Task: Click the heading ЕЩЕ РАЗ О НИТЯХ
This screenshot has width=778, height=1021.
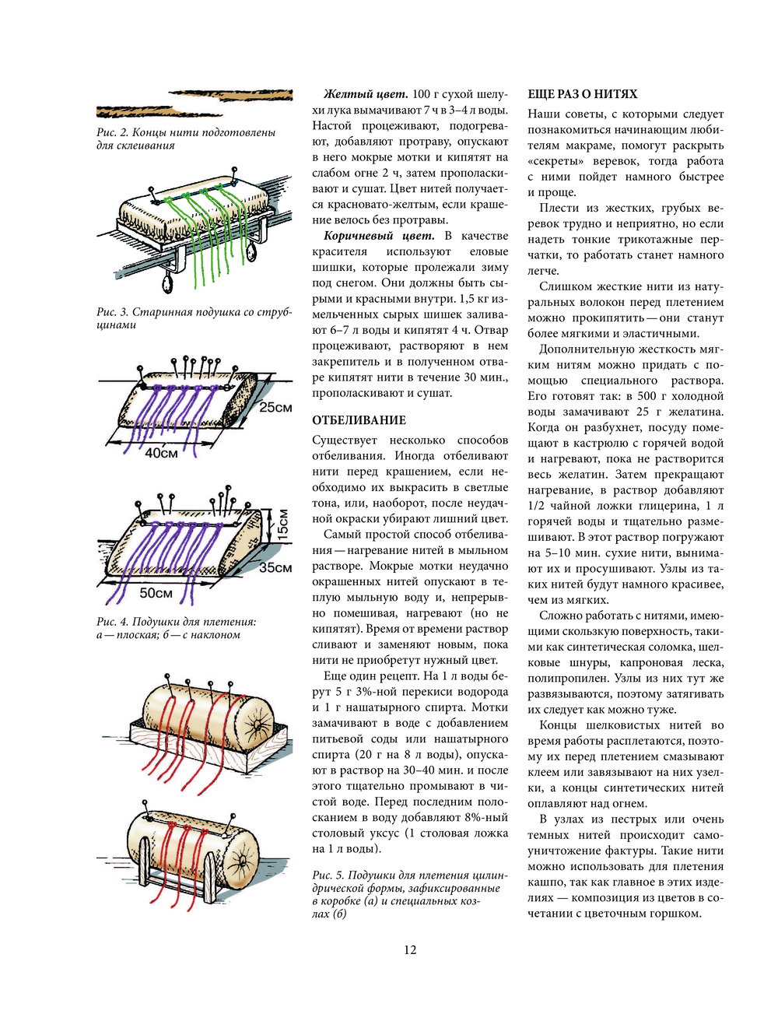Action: coord(582,94)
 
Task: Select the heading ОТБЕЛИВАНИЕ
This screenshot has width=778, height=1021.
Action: coord(359,420)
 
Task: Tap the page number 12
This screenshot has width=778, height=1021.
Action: coord(410,949)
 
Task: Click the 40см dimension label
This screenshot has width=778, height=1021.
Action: coord(161,453)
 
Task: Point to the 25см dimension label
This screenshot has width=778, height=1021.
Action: coord(275,407)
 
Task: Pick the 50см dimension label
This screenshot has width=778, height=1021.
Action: coord(156,593)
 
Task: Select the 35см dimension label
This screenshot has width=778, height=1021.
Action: coord(275,567)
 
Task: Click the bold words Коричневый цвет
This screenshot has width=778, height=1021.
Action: coord(379,236)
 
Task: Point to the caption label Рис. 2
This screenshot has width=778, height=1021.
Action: coord(112,132)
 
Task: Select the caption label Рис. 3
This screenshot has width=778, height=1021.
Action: coord(112,312)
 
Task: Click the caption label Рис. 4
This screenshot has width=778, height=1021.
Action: coord(112,622)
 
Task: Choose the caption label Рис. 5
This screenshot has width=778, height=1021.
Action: coord(328,875)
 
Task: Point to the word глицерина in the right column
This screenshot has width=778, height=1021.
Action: coord(666,506)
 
